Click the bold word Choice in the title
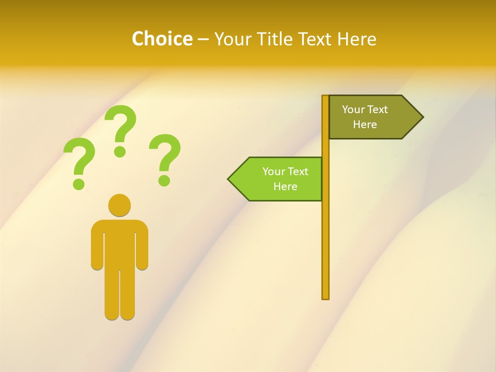click(x=162, y=39)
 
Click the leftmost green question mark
click(x=79, y=160)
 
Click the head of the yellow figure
click(x=119, y=205)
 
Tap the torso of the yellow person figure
click(x=119, y=243)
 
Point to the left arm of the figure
click(x=97, y=248)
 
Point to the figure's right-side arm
click(x=142, y=248)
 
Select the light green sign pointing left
click(x=279, y=179)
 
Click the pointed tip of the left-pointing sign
click(x=229, y=179)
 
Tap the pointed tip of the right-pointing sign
click(x=422, y=117)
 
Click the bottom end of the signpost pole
click(x=326, y=297)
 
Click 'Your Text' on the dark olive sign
click(x=365, y=110)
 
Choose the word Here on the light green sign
click(x=285, y=187)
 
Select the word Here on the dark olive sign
click(x=365, y=125)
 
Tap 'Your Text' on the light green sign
click(x=285, y=172)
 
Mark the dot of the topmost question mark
click(x=120, y=151)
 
